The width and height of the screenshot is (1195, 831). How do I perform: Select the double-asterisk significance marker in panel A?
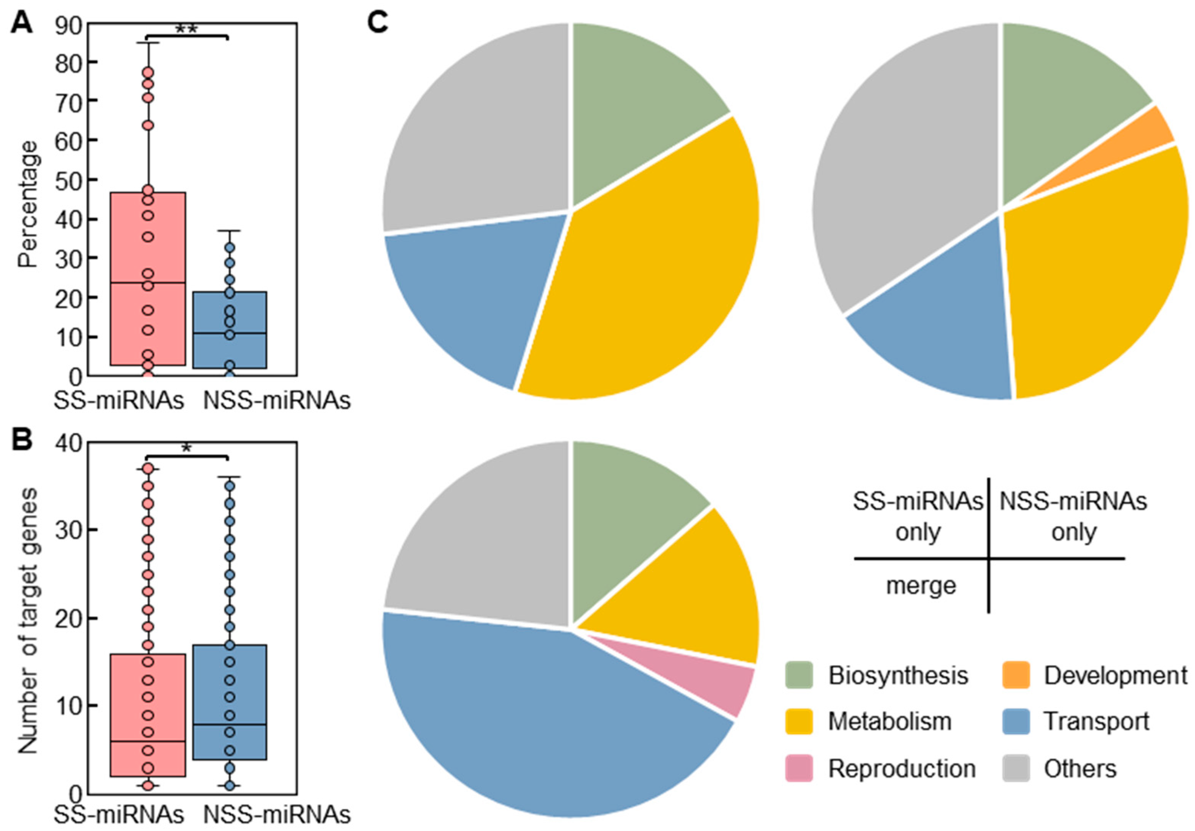(186, 29)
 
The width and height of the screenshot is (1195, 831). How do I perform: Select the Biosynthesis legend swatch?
(798, 675)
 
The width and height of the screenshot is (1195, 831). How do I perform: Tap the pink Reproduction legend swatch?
(798, 768)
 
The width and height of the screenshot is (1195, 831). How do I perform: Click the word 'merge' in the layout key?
(921, 586)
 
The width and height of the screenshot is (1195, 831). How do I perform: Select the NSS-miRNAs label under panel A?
(276, 401)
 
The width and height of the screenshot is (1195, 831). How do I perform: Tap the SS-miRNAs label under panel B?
(119, 815)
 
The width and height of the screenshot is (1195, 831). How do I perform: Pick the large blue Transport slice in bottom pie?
(520, 719)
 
